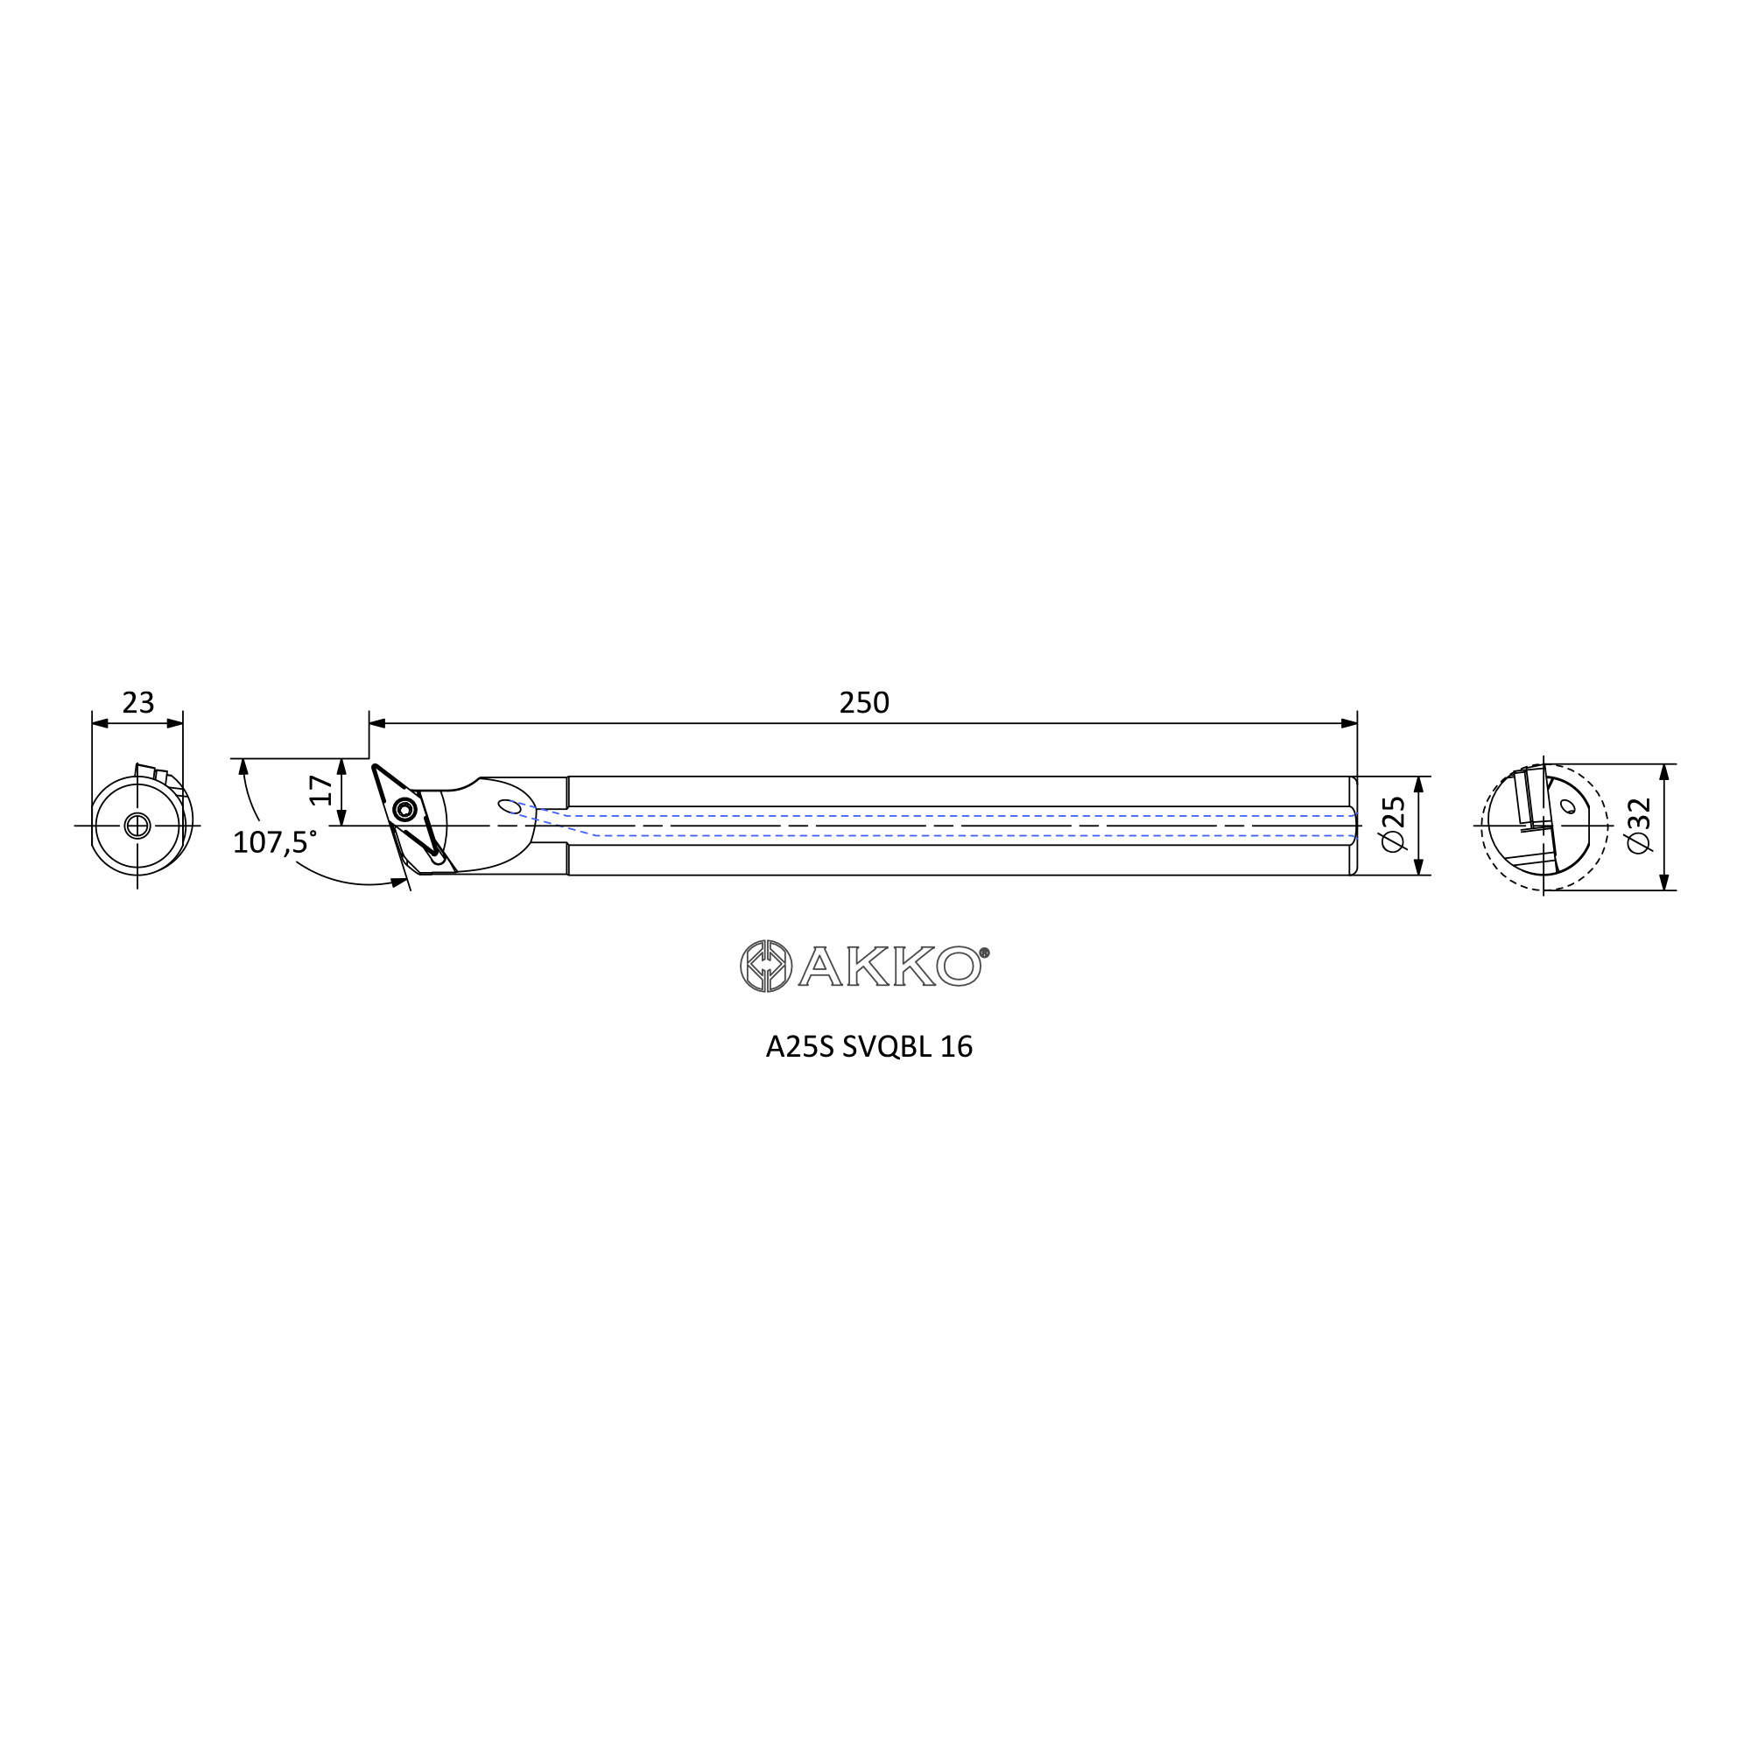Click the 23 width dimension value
pos(138,702)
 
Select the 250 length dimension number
pos(864,702)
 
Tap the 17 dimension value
pos(320,791)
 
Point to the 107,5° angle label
pos(275,842)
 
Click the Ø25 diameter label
pos(1393,824)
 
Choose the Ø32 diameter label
pos(1639,826)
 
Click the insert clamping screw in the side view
pos(404,809)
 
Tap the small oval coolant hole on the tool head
pos(510,806)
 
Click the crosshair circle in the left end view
pos(137,826)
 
